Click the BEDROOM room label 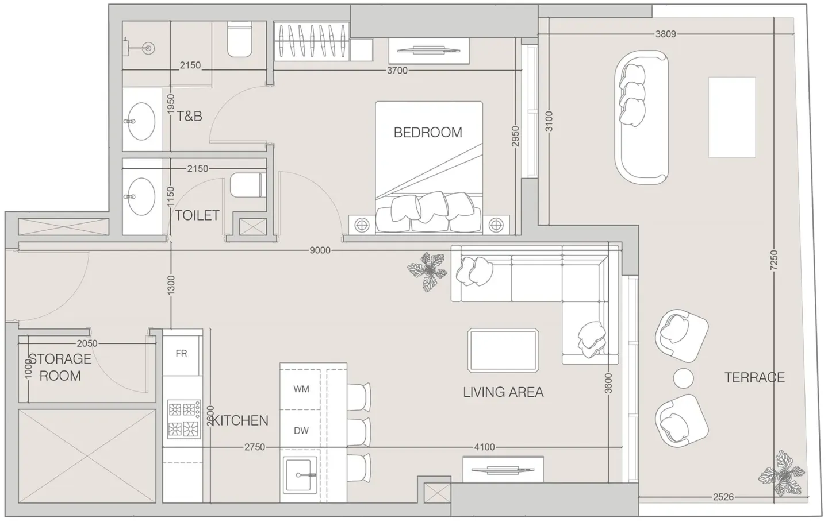(428, 132)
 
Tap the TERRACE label (754, 378)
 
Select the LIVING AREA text (503, 392)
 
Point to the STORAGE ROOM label (60, 368)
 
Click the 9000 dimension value (320, 250)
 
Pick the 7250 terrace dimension (774, 260)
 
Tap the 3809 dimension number (666, 34)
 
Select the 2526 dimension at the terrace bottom (723, 497)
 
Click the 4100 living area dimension (484, 447)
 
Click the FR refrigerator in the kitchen (181, 354)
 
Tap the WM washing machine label (301, 389)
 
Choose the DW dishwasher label (301, 431)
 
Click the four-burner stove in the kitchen (184, 419)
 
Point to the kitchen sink (300, 475)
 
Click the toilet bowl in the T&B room (240, 39)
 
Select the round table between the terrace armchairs (684, 378)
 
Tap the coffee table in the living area (503, 350)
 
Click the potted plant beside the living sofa (428, 271)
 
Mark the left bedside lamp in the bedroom (362, 225)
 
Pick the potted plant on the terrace (782, 474)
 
